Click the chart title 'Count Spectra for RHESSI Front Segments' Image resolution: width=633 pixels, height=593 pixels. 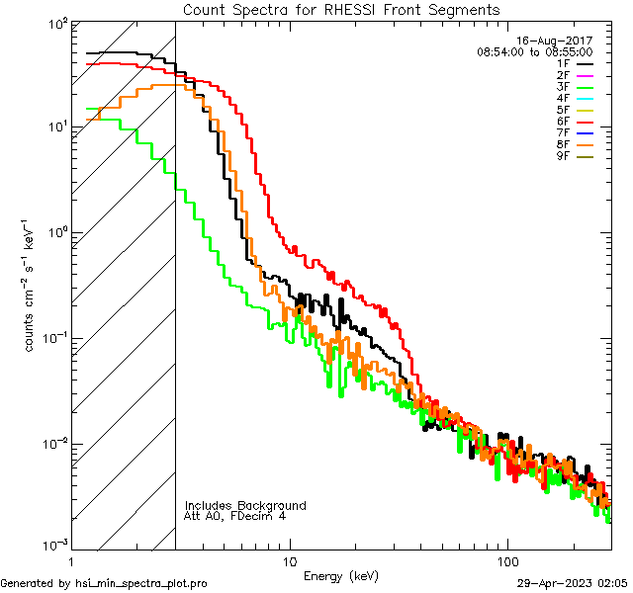point(341,9)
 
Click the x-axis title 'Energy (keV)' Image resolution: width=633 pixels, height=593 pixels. point(340,575)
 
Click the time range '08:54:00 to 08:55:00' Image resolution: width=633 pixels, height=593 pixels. point(534,51)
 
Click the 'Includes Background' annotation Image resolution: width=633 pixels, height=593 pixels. point(245,506)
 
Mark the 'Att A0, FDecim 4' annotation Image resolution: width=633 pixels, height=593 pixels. point(235,517)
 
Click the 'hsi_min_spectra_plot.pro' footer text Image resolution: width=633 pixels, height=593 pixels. point(141,584)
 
